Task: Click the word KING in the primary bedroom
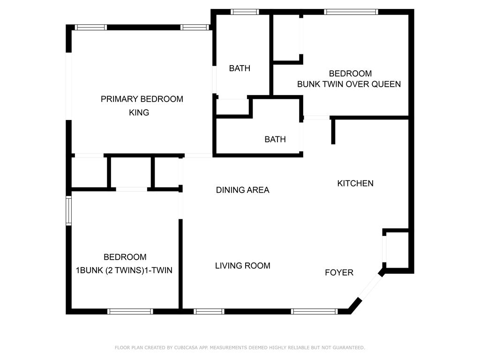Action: [139, 112]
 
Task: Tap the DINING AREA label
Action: [242, 190]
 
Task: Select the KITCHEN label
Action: [355, 183]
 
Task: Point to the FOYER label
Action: [339, 272]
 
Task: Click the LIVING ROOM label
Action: [242, 266]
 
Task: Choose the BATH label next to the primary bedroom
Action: [240, 68]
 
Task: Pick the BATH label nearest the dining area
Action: [275, 139]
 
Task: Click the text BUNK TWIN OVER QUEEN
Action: [349, 84]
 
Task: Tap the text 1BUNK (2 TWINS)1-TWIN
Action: [124, 270]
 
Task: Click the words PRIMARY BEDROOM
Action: [142, 99]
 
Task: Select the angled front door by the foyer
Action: [370, 287]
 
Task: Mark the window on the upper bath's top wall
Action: [245, 12]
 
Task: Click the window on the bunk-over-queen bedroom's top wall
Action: [351, 12]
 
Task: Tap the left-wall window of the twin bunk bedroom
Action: [68, 211]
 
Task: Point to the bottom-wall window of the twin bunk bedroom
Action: [130, 312]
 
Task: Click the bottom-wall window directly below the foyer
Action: [315, 312]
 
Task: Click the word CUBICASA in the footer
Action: [186, 347]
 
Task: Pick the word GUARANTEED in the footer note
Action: [349, 347]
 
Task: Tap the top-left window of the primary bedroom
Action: [91, 27]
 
